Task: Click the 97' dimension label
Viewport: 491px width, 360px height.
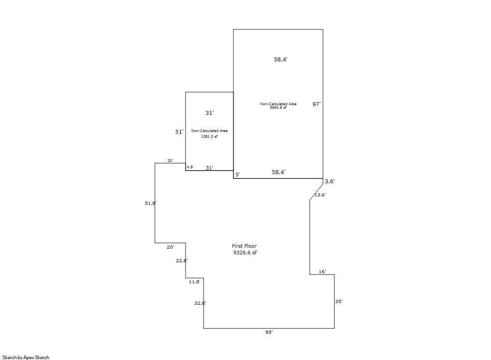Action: (316, 104)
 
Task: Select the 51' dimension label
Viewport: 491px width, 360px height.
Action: (179, 132)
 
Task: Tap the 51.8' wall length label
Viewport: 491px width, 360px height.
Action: (151, 203)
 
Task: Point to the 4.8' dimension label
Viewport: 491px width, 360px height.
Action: (190, 167)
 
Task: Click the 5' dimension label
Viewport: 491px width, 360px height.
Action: (238, 175)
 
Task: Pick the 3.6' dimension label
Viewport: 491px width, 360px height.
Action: (330, 181)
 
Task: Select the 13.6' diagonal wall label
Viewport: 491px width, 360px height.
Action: (320, 195)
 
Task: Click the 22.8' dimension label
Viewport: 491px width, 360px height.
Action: (182, 260)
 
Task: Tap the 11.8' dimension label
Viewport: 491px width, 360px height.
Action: (194, 282)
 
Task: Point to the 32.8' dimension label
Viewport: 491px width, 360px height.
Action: (200, 303)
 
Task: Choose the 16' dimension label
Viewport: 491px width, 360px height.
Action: (322, 272)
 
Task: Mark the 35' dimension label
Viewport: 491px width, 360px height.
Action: (339, 301)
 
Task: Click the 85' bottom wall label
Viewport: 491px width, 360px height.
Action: (269, 332)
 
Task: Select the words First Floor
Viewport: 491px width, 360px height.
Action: (244, 246)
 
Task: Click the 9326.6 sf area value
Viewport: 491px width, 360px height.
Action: (245, 253)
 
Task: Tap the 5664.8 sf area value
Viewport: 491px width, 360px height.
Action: (278, 108)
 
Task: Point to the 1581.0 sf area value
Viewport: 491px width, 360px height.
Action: (209, 136)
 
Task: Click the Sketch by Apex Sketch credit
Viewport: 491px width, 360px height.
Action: (26, 357)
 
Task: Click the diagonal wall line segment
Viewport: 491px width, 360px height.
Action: (316, 189)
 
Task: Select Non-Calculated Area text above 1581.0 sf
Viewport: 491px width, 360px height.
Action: (209, 131)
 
